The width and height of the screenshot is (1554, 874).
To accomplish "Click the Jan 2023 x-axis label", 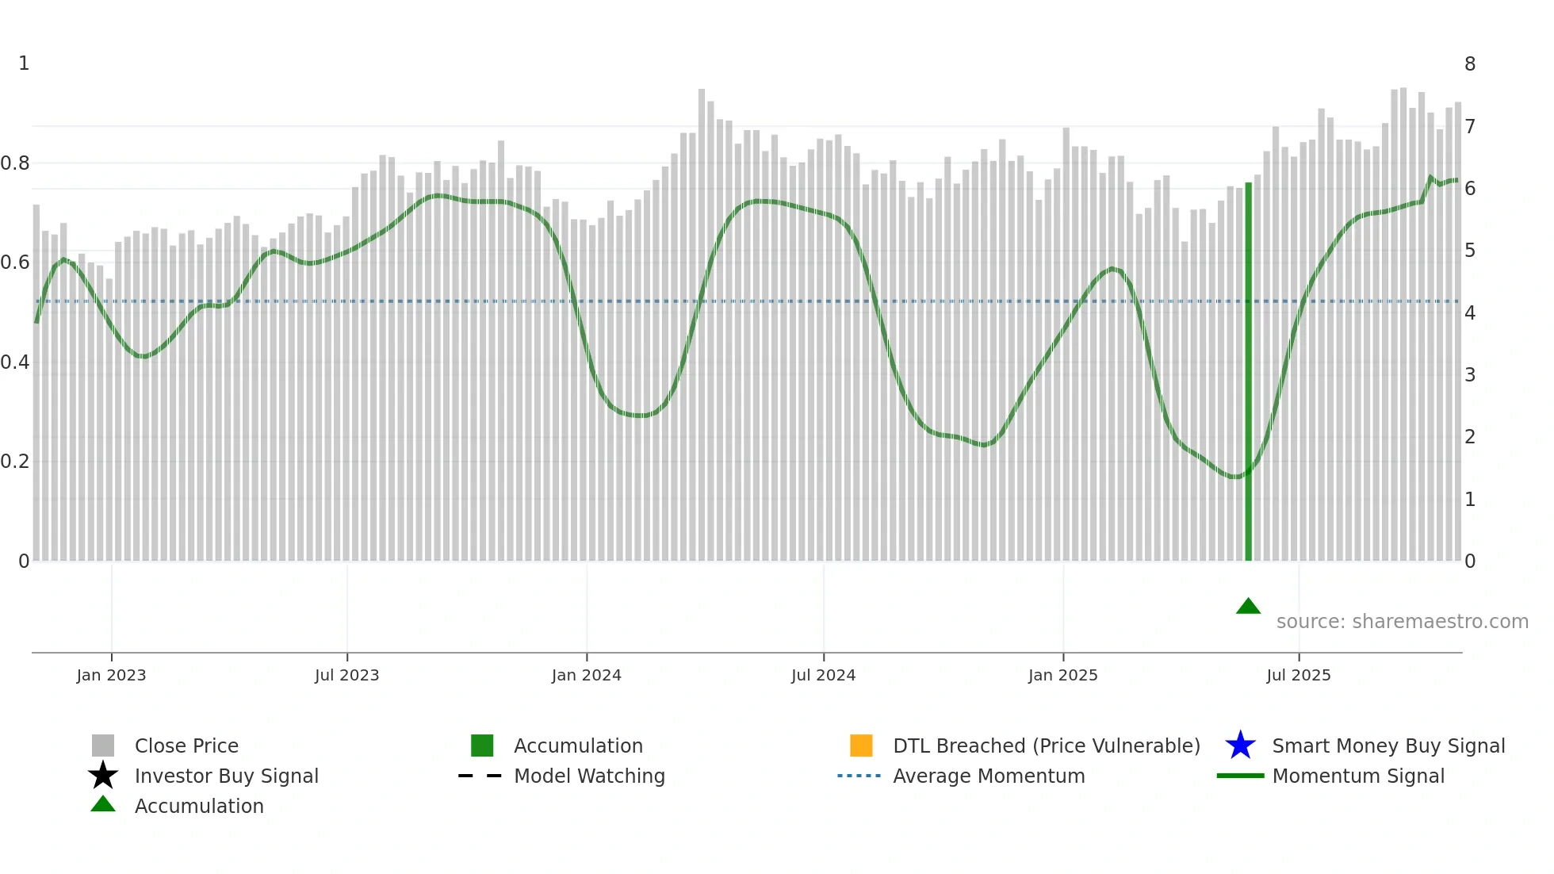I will [x=111, y=675].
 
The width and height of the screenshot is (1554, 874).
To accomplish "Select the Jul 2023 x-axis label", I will [x=346, y=675].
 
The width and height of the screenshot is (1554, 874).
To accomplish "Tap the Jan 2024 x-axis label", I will [x=586, y=675].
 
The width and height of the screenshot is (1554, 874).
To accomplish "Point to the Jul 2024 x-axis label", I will [x=823, y=675].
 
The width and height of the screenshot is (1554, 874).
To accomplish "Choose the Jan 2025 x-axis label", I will [x=1062, y=675].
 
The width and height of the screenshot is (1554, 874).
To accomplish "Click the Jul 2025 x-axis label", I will [x=1298, y=675].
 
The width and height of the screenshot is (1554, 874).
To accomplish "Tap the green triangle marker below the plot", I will [x=1248, y=607].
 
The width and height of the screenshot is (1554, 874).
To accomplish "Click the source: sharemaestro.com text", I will [x=1402, y=622].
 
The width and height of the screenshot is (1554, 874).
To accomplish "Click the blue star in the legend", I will [x=1240, y=746].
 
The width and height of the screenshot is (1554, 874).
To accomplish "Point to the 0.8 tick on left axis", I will [x=15, y=163].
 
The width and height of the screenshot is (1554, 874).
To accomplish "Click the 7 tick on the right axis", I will [x=1470, y=126].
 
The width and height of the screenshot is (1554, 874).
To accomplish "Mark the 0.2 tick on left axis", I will [x=15, y=462].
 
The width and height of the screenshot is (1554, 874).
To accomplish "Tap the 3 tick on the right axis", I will [x=1470, y=374].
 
